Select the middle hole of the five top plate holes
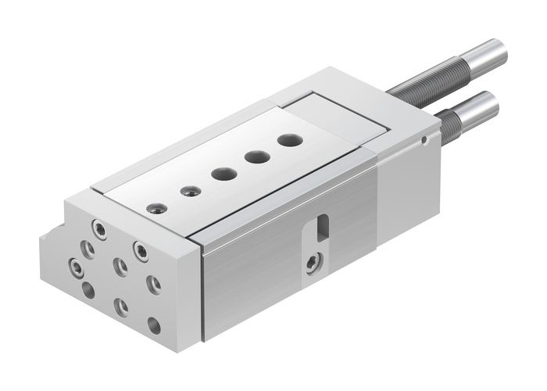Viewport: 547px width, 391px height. click(221, 173)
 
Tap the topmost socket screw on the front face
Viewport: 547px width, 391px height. click(99, 228)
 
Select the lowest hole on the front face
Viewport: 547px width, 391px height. click(154, 323)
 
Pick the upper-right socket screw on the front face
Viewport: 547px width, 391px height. click(141, 251)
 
